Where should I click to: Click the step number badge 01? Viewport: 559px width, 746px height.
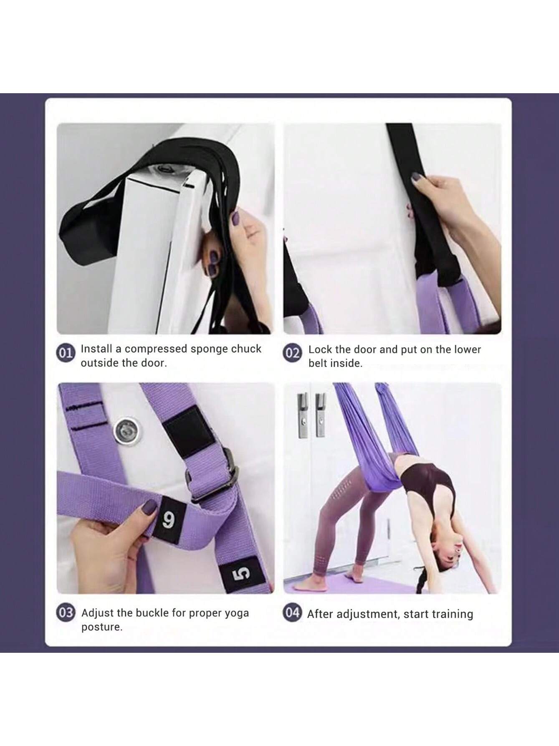point(65,354)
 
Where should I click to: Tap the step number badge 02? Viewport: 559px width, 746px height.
point(292,354)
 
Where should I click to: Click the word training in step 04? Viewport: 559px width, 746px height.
point(453,614)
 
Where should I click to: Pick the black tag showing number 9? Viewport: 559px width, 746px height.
point(170,519)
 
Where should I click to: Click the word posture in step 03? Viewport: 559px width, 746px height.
point(102,627)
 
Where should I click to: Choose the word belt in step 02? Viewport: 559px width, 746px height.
point(318,364)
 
